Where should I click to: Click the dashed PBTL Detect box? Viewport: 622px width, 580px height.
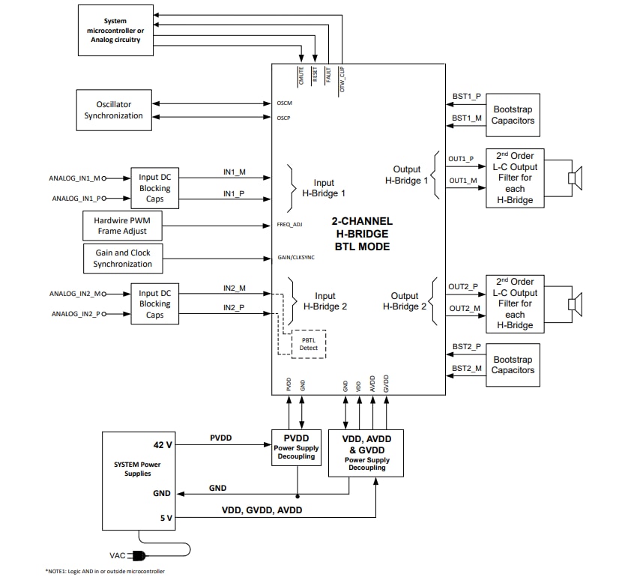coord(309,342)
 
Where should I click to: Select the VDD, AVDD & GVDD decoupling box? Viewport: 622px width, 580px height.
coord(366,453)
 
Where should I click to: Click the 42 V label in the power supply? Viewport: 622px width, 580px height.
coord(163,444)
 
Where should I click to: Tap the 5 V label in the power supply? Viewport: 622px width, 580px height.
coord(165,517)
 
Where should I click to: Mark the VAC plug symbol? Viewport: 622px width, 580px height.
coord(138,555)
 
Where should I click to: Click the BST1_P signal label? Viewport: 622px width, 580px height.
coord(467,97)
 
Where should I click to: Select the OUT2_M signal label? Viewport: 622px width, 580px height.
coord(464,309)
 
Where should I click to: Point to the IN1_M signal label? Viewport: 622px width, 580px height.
coord(234,172)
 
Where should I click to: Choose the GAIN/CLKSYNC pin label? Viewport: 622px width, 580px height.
coord(295,259)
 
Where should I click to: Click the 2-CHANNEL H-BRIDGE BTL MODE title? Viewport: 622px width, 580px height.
coord(362,234)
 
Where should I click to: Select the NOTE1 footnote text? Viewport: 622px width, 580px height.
coord(105,571)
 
